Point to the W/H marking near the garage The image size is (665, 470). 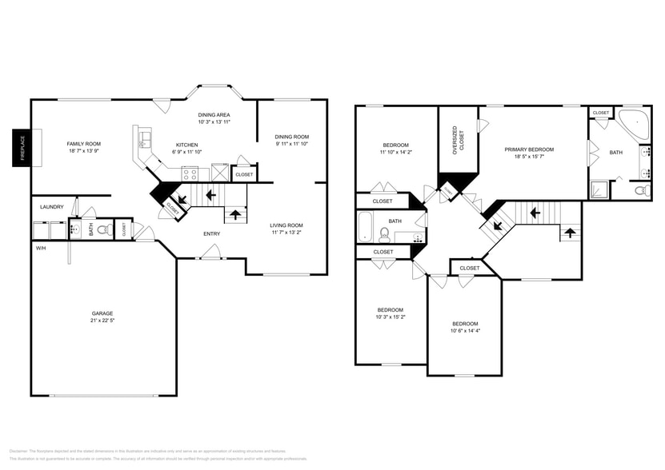point(40,248)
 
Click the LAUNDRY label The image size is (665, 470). point(51,207)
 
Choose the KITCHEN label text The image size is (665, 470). point(186,145)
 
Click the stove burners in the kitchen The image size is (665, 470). point(190,172)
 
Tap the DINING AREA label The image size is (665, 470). point(214,115)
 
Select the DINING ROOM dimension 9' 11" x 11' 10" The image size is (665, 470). point(291,144)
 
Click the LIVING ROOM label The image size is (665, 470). point(286,225)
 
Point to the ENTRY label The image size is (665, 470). point(211,233)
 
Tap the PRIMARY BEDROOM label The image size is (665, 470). point(529,149)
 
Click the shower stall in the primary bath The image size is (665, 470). point(599,189)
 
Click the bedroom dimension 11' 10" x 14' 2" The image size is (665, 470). point(395,152)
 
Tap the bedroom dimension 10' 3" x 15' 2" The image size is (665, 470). point(391,317)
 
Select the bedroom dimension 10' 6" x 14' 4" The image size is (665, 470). point(464,331)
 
